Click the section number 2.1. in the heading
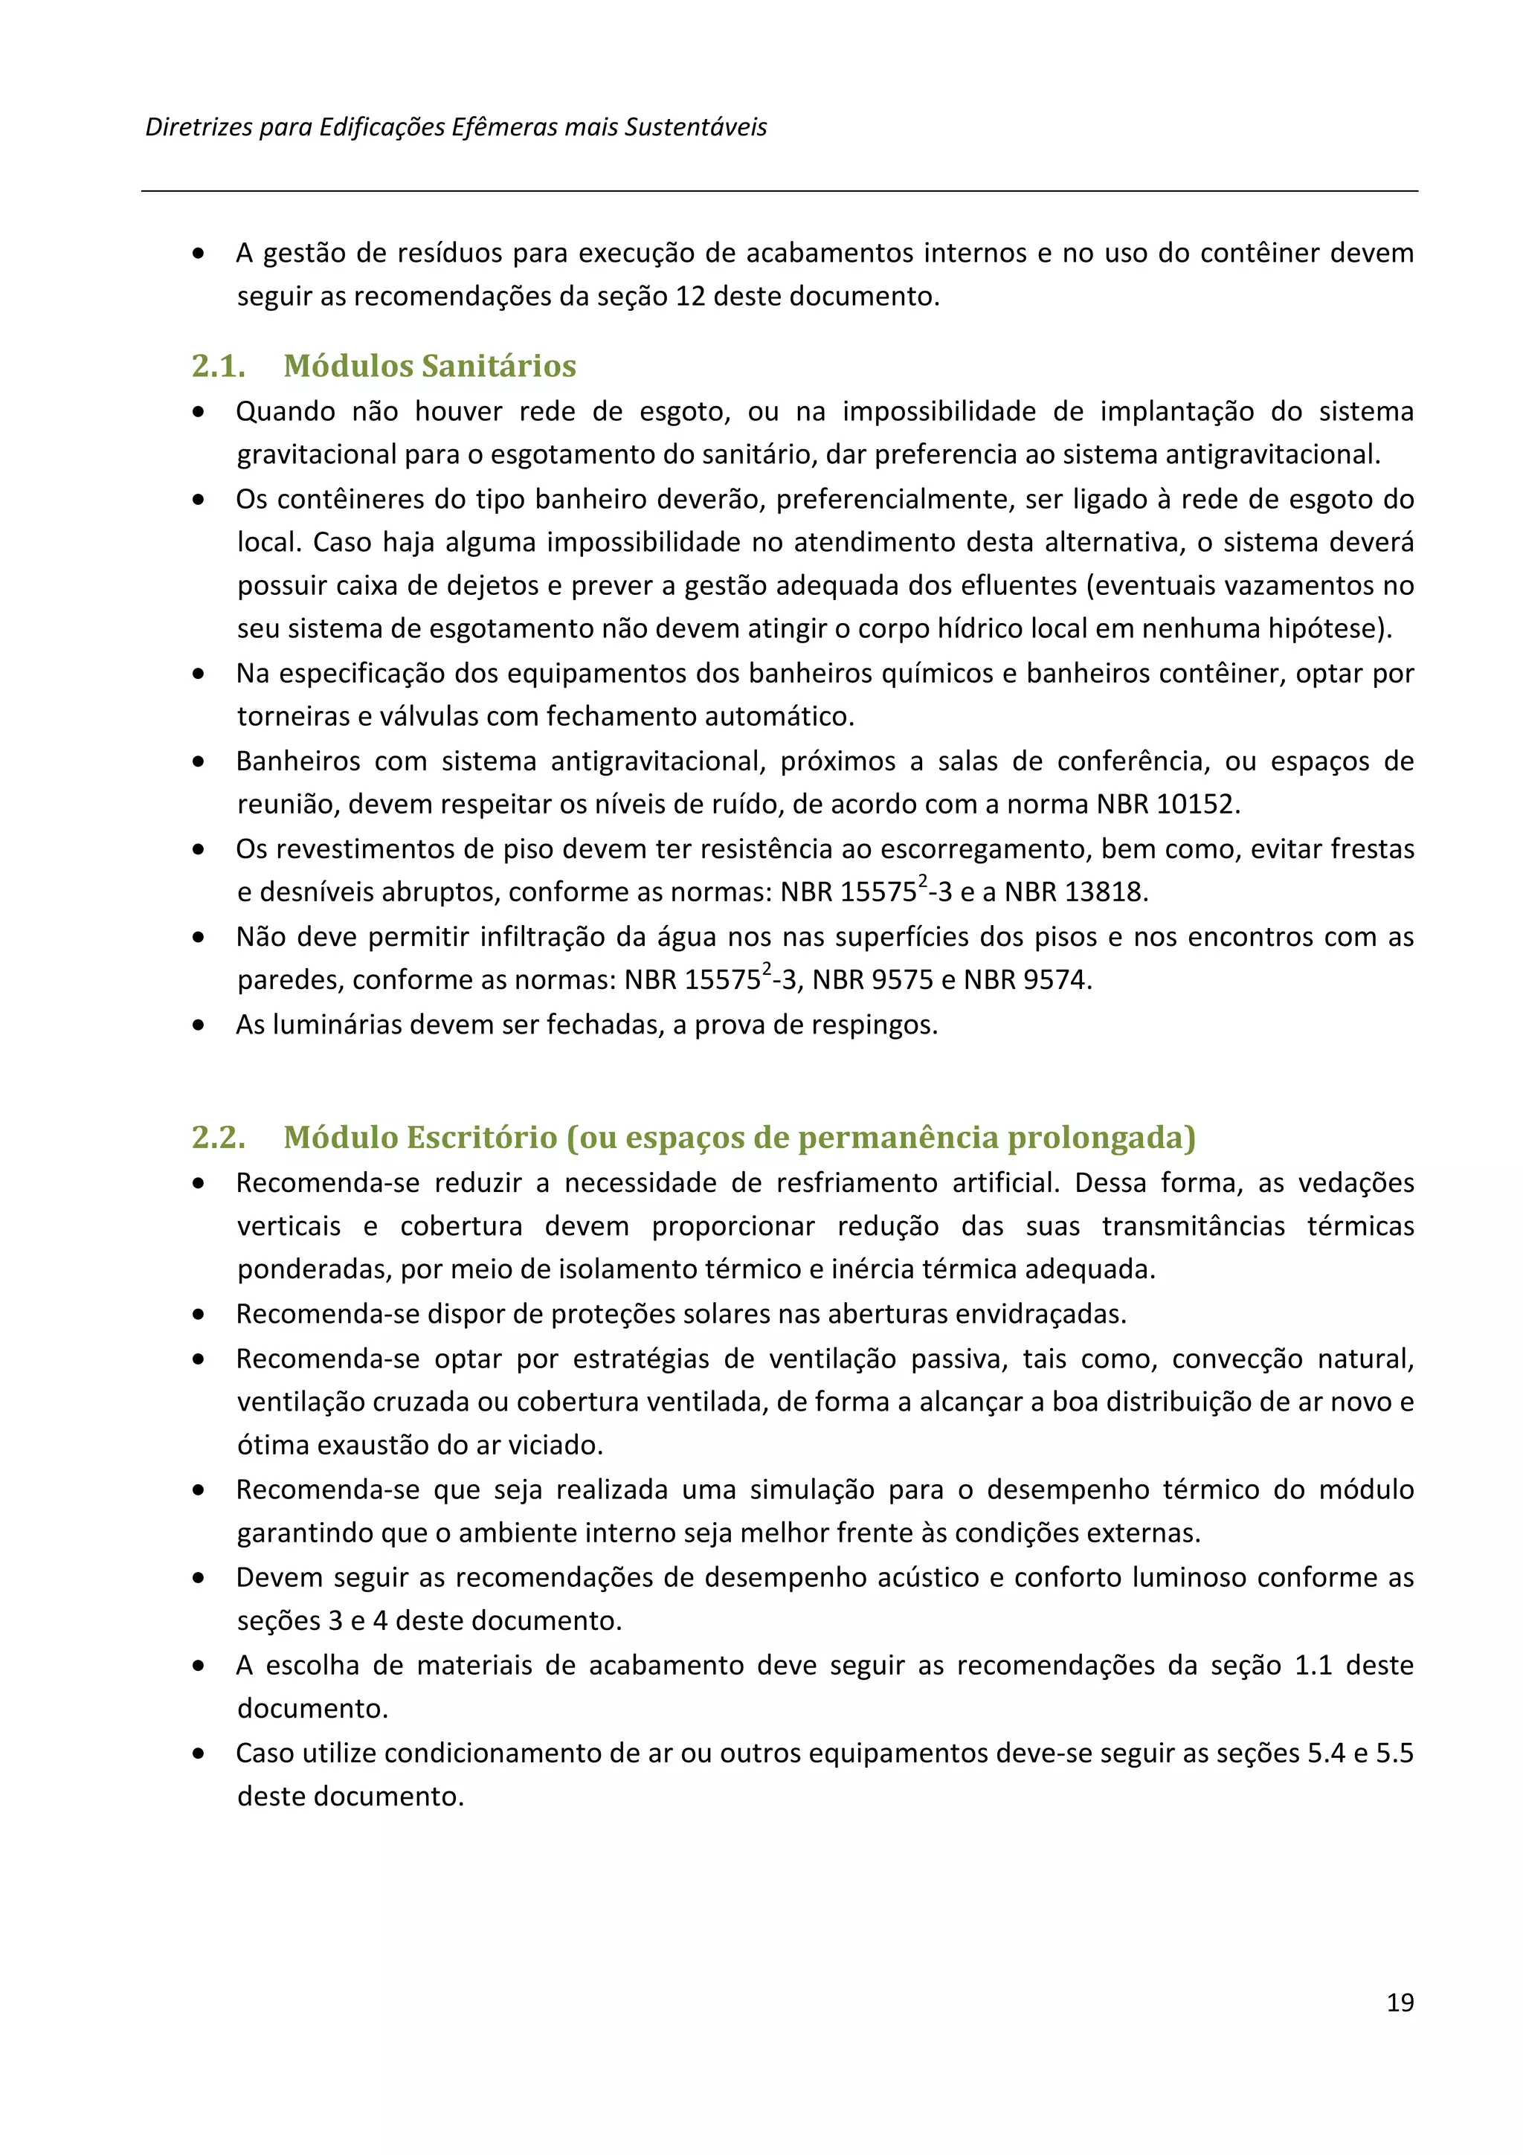tap(219, 366)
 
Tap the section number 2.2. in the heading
tap(219, 1138)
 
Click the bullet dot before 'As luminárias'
tap(198, 1025)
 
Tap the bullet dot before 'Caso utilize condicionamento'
tap(198, 1753)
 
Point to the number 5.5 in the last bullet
tap(1394, 1753)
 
